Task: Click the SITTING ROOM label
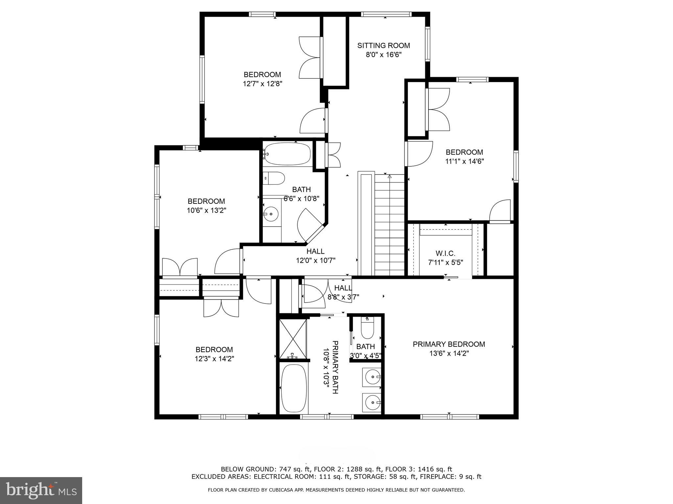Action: click(383, 46)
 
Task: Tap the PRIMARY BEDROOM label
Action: click(449, 344)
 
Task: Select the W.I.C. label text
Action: click(445, 253)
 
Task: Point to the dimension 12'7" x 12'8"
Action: click(262, 84)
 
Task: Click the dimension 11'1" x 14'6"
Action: click(464, 161)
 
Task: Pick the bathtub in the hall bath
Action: click(288, 154)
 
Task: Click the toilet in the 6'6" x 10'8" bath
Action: click(275, 178)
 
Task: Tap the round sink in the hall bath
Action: click(271, 214)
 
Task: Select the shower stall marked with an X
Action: click(292, 338)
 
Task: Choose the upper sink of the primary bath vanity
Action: click(373, 377)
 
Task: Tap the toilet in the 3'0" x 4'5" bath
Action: click(367, 329)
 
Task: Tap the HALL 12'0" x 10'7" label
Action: click(315, 256)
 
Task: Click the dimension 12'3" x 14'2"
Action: click(214, 359)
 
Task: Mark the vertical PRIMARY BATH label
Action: click(335, 367)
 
